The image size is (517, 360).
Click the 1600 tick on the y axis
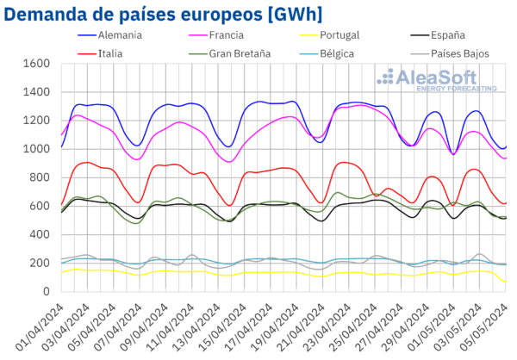[34, 64]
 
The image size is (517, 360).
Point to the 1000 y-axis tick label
[34, 149]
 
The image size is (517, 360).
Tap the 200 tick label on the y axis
[38, 263]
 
